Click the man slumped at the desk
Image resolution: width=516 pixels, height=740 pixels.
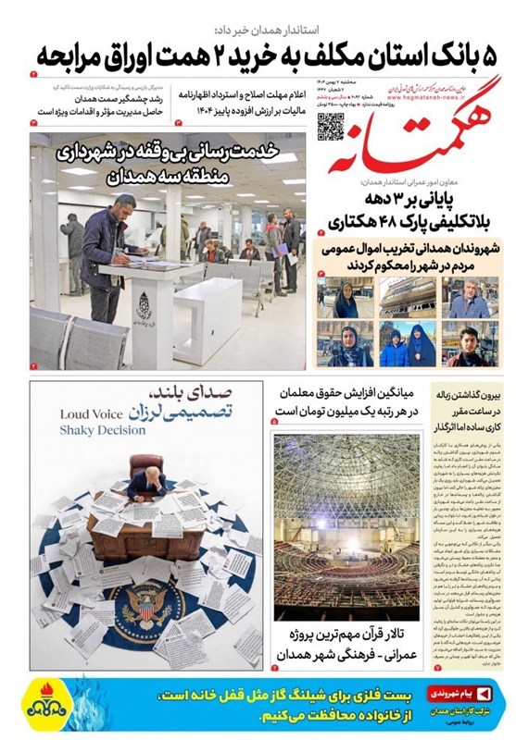(x=145, y=481)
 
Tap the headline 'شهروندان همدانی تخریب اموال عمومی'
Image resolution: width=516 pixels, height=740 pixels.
(x=412, y=249)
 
